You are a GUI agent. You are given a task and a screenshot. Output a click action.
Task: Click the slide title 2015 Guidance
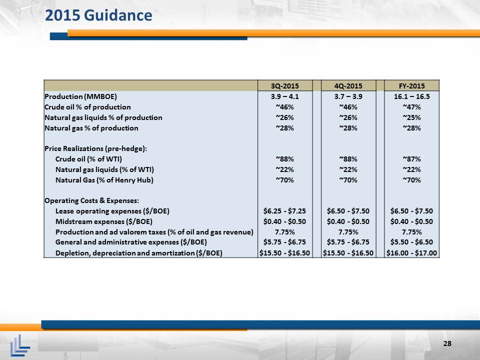98,15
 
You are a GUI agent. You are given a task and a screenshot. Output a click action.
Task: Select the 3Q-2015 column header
284,86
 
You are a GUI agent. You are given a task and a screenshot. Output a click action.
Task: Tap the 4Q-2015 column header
348,86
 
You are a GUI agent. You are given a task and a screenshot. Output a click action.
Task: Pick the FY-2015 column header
411,86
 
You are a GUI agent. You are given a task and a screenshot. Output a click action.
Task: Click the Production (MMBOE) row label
81,96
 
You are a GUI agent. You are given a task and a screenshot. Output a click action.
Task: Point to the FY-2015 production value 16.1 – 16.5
411,96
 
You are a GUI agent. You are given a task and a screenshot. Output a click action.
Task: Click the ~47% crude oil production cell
411,107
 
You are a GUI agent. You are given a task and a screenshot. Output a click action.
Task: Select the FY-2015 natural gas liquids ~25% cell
411,117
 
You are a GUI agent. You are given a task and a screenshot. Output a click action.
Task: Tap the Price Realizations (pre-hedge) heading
96,148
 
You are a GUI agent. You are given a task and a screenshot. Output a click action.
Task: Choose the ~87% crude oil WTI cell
411,159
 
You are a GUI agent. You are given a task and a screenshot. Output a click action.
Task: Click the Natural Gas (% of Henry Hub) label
104,180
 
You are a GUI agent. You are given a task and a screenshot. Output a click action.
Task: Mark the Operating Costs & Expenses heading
92,200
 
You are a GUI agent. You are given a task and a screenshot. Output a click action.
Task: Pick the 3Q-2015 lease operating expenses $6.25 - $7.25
284,211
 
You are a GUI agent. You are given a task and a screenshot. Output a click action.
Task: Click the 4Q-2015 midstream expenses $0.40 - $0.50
348,221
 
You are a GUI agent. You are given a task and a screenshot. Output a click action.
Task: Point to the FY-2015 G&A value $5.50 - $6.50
411,242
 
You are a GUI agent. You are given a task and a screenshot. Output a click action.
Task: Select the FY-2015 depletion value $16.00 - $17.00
411,253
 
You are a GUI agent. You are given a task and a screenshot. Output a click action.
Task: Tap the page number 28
447,343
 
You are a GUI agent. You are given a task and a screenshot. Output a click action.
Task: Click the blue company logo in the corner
20,345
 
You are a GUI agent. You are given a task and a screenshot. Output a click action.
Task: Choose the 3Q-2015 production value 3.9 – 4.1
284,96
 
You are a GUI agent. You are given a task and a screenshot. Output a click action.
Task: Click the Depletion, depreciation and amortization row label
138,253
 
